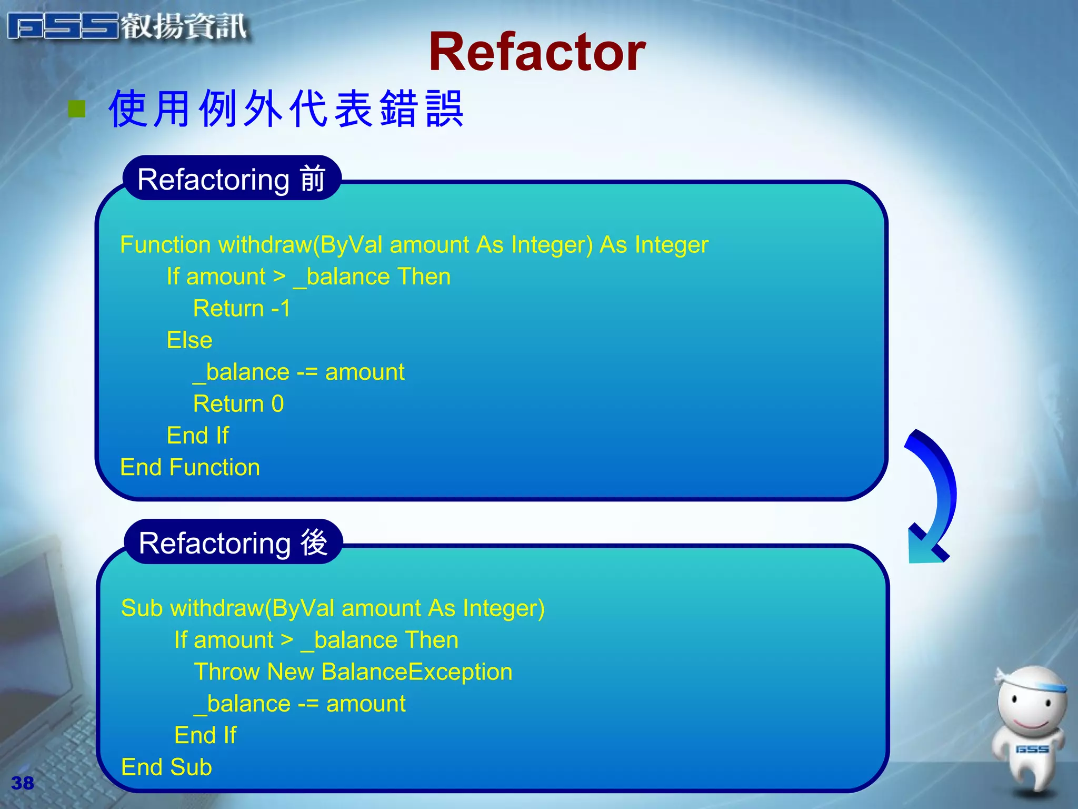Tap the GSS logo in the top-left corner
coord(126,26)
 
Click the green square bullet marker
coord(77,109)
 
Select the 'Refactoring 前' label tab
coord(232,179)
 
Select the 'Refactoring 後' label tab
coord(233,542)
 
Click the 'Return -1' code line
coord(242,309)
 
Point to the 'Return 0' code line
coord(238,404)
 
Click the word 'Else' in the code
coord(189,340)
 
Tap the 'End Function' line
coord(190,468)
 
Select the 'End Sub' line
coord(166,767)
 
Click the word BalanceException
coord(416,672)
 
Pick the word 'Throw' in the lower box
coord(227,672)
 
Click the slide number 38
coord(22,783)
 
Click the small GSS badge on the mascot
coord(1032,749)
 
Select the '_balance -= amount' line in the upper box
coord(299,372)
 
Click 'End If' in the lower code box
coord(205,735)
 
